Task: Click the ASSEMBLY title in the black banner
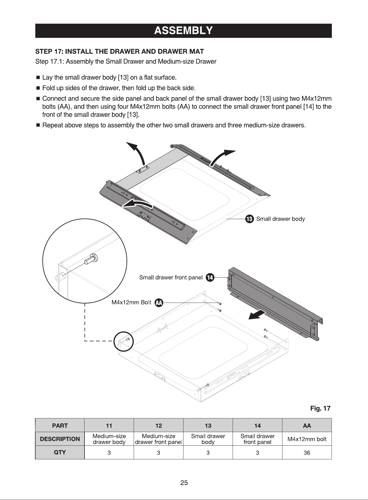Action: pos(183,30)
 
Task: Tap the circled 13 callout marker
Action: pos(249,219)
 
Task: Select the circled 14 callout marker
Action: pos(210,278)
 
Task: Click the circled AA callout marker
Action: pos(159,303)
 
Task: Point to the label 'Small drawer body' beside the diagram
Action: pos(280,219)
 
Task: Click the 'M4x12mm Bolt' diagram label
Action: pos(131,302)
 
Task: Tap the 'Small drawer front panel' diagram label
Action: pos(171,278)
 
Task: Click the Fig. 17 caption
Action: pos(320,408)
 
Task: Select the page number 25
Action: pos(184,483)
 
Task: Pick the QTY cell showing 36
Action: pos(307,453)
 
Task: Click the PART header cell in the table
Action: pos(60,425)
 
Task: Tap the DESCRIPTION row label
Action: pos(60,439)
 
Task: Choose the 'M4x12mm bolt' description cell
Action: pos(307,439)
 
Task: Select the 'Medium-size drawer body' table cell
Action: pos(109,439)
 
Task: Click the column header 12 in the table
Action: pos(158,425)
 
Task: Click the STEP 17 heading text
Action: pos(120,52)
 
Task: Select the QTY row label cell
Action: pos(60,452)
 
